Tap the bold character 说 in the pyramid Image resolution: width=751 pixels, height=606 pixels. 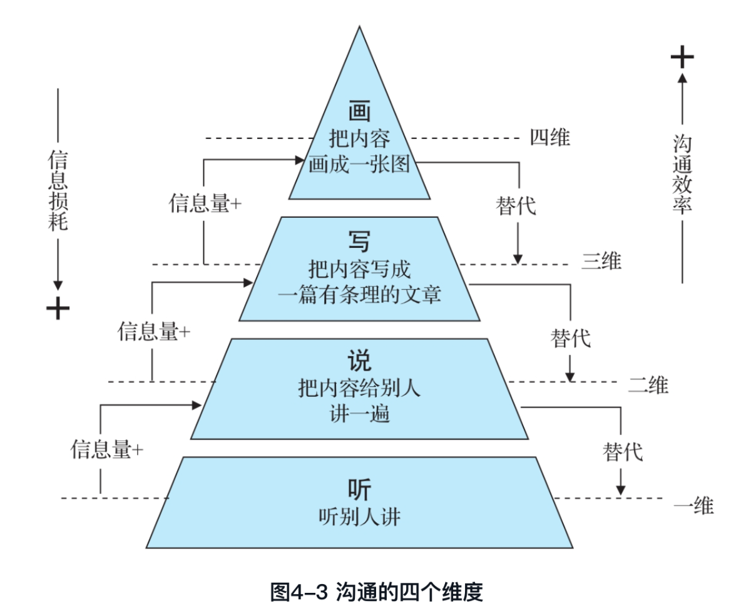point(359,362)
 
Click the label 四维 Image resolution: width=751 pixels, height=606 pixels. point(550,137)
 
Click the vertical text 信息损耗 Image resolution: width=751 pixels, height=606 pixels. point(58,190)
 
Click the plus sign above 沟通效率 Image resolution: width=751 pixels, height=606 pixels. point(682,58)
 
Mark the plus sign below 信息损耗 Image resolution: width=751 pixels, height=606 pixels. point(58,308)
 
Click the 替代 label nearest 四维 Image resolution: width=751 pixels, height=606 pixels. point(516,206)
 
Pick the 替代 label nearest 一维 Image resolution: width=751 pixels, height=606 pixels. point(623,451)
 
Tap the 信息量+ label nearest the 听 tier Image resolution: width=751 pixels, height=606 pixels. point(107,450)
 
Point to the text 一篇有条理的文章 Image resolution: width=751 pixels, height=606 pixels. point(359,294)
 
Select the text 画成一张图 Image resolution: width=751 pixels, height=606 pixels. point(359,165)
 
